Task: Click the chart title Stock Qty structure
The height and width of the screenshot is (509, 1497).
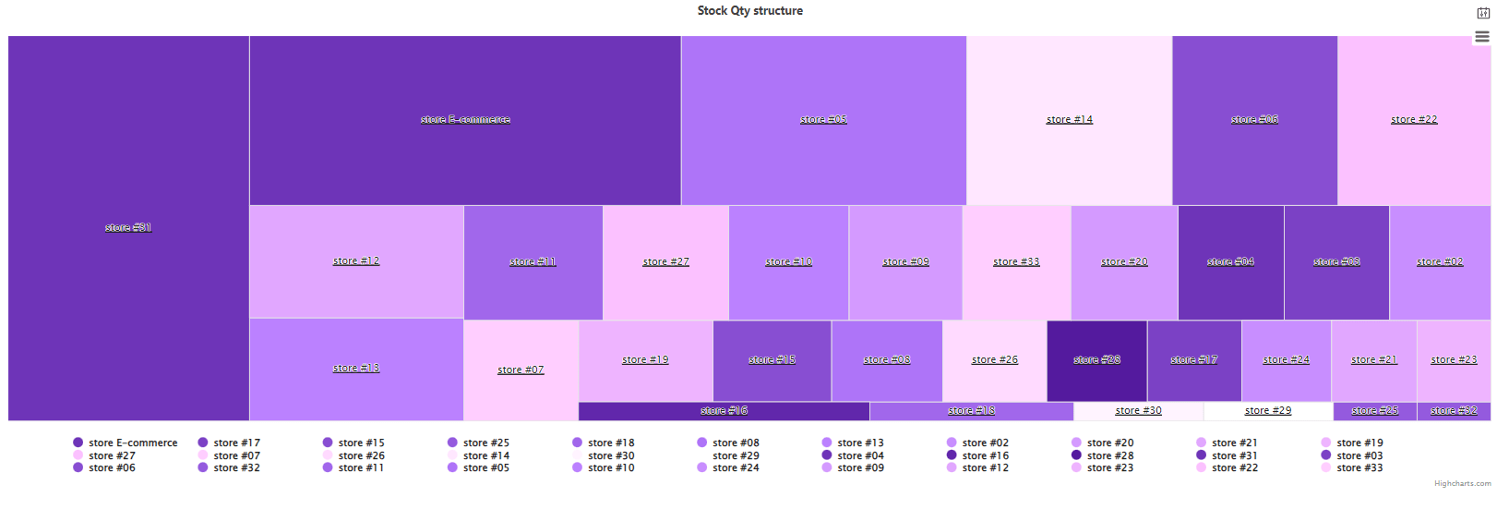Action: click(x=749, y=11)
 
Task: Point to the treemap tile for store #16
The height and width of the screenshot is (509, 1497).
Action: click(x=724, y=411)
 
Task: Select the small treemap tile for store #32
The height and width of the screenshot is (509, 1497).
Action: click(x=1454, y=411)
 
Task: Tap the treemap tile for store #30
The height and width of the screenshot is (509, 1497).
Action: click(x=1138, y=411)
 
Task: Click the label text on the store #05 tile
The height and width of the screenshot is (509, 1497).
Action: click(x=823, y=120)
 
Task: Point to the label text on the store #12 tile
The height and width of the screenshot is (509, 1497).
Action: click(x=356, y=261)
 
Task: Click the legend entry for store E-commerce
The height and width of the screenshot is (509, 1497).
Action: click(x=133, y=443)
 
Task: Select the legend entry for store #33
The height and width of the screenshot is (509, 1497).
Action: click(x=1359, y=468)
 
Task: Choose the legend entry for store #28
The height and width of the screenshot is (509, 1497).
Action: click(x=1110, y=455)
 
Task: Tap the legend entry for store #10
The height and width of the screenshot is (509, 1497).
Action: click(x=611, y=468)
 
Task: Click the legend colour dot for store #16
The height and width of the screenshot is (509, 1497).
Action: click(x=952, y=455)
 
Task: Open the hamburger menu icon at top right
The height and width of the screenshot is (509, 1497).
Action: click(x=1482, y=37)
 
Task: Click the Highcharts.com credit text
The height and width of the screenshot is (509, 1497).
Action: click(x=1462, y=484)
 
